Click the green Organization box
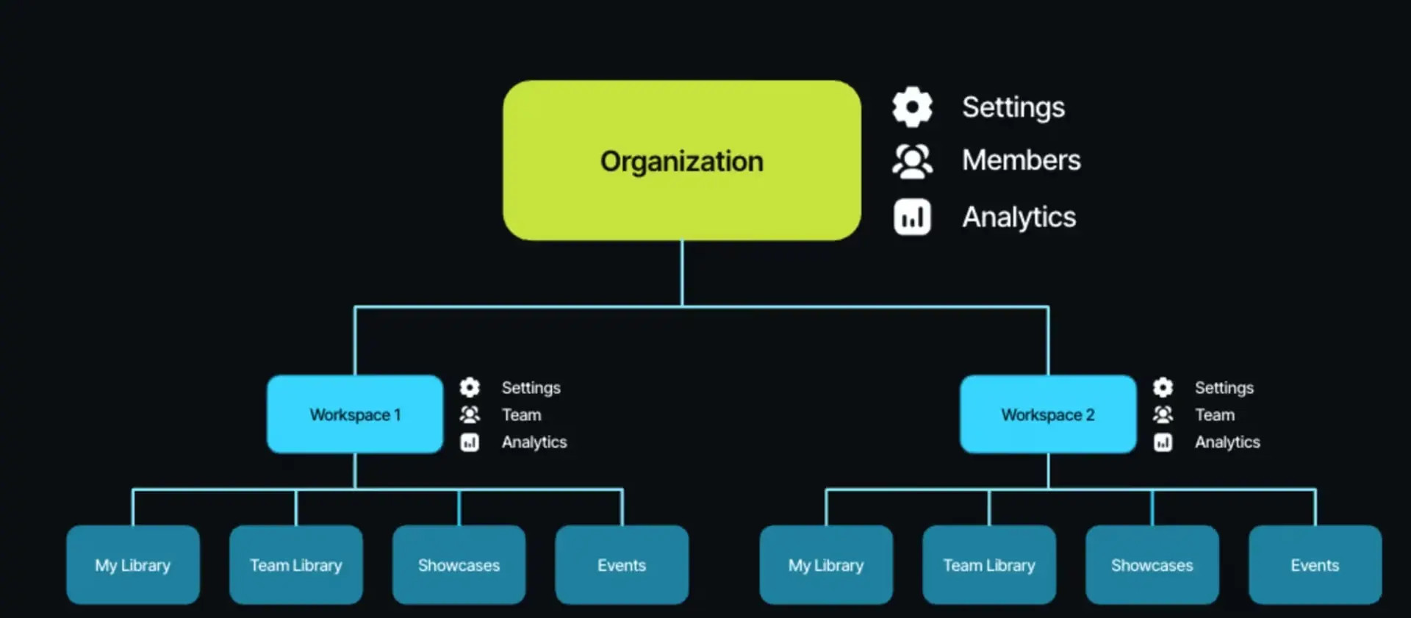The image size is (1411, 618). tap(681, 160)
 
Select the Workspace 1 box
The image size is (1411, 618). tap(355, 414)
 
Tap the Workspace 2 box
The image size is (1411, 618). tap(1048, 414)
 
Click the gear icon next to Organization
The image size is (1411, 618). tap(912, 107)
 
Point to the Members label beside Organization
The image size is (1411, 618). tap(1021, 160)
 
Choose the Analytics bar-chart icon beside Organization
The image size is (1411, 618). tap(912, 218)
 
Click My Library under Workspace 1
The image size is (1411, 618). tap(133, 564)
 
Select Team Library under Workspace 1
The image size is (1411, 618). tap(296, 564)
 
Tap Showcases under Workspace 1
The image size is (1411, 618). tap(459, 564)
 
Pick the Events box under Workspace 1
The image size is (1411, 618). tap(622, 564)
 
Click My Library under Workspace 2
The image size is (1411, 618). tap(826, 564)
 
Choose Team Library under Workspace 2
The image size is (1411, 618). tap(989, 564)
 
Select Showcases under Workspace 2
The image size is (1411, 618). tap(1152, 564)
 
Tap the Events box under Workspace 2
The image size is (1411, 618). tap(1315, 564)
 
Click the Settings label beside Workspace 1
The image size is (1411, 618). tap(531, 387)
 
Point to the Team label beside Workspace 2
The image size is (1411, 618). tap(1214, 414)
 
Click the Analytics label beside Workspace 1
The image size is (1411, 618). tap(534, 442)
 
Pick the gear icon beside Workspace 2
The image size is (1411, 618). tap(1163, 387)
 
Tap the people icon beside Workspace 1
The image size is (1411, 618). tap(470, 414)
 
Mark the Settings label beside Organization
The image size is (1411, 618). tap(1013, 107)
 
